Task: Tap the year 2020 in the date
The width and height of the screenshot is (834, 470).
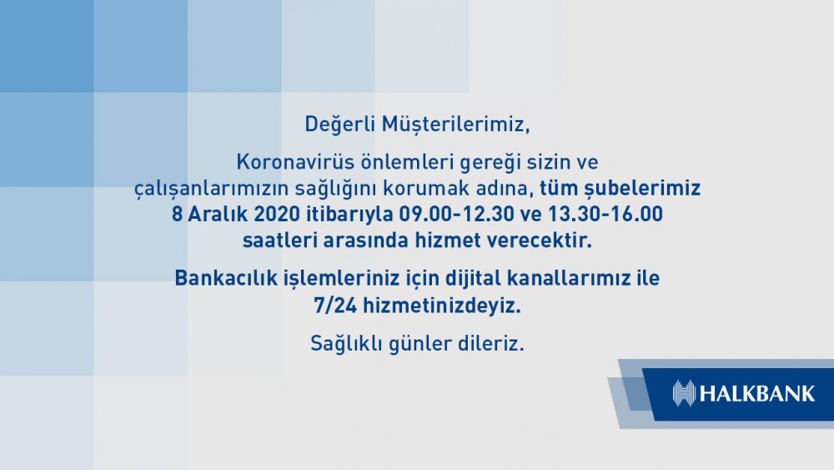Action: point(277,214)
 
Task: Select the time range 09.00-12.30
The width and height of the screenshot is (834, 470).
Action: point(457,214)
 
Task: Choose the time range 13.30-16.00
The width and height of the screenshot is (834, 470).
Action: point(605,214)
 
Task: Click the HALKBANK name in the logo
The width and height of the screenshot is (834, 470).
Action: point(757,394)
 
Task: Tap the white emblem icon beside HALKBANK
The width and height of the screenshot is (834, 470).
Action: point(684,394)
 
